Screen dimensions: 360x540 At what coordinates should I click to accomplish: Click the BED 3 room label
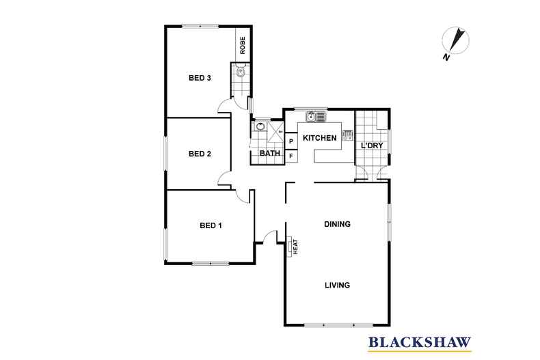(199, 78)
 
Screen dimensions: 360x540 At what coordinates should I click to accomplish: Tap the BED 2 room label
(199, 154)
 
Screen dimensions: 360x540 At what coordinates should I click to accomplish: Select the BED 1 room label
(211, 225)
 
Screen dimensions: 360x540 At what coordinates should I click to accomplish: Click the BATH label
(271, 154)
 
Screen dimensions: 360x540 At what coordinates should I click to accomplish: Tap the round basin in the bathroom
(260, 126)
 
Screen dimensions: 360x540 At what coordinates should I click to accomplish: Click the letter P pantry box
(291, 141)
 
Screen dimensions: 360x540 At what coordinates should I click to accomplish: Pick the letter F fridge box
(291, 156)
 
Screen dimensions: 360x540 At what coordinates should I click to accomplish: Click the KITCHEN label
(320, 139)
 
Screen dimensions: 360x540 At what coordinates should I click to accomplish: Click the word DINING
(337, 224)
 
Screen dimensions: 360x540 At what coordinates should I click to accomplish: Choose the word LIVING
(337, 285)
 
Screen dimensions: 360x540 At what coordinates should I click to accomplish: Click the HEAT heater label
(295, 245)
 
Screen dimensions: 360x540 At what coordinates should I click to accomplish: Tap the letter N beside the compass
(446, 57)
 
